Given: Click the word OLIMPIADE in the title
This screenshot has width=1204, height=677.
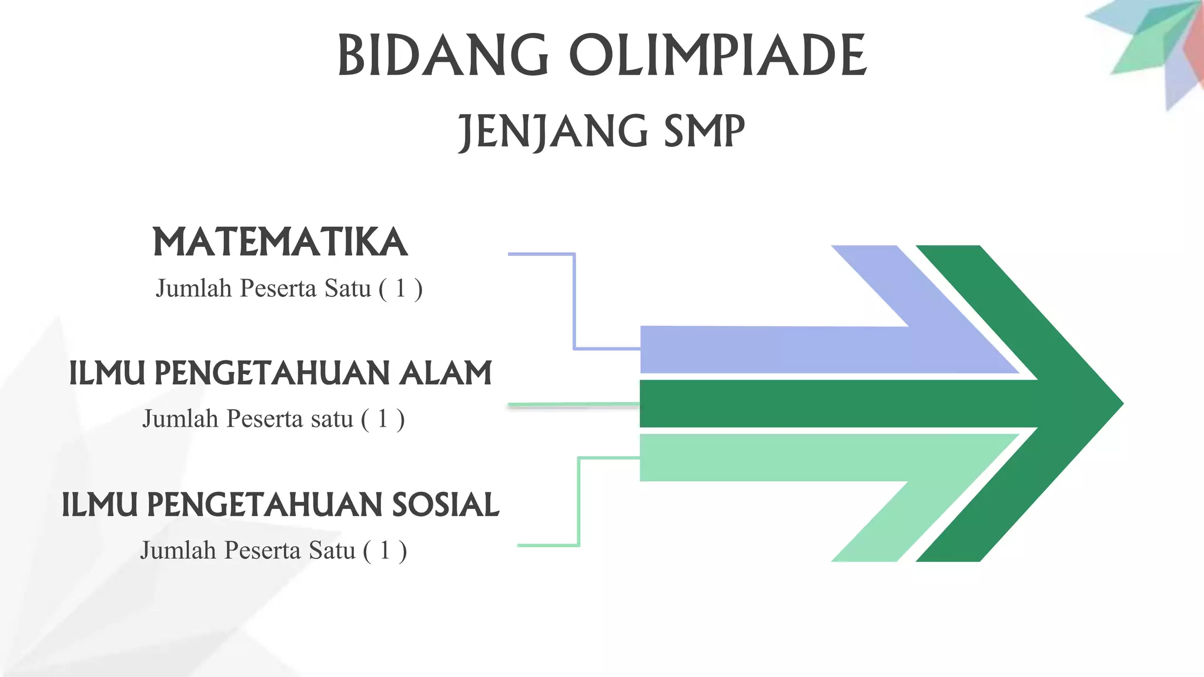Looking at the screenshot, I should (718, 55).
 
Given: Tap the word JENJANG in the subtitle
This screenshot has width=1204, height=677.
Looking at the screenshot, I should (552, 132).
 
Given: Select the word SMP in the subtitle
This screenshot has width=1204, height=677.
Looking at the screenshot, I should (704, 132).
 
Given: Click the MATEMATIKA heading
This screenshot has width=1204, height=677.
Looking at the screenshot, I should (280, 242).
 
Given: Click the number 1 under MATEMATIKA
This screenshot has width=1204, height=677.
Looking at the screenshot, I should (400, 289).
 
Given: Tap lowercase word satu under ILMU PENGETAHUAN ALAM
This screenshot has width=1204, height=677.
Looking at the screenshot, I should (332, 419).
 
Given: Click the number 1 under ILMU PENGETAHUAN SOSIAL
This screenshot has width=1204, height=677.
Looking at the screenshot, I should (385, 551).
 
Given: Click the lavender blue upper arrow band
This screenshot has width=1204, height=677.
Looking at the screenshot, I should (794, 350).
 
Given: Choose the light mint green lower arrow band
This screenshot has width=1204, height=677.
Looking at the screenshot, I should (794, 458).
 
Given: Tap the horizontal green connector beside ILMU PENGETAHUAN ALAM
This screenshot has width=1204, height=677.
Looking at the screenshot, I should (573, 404).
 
